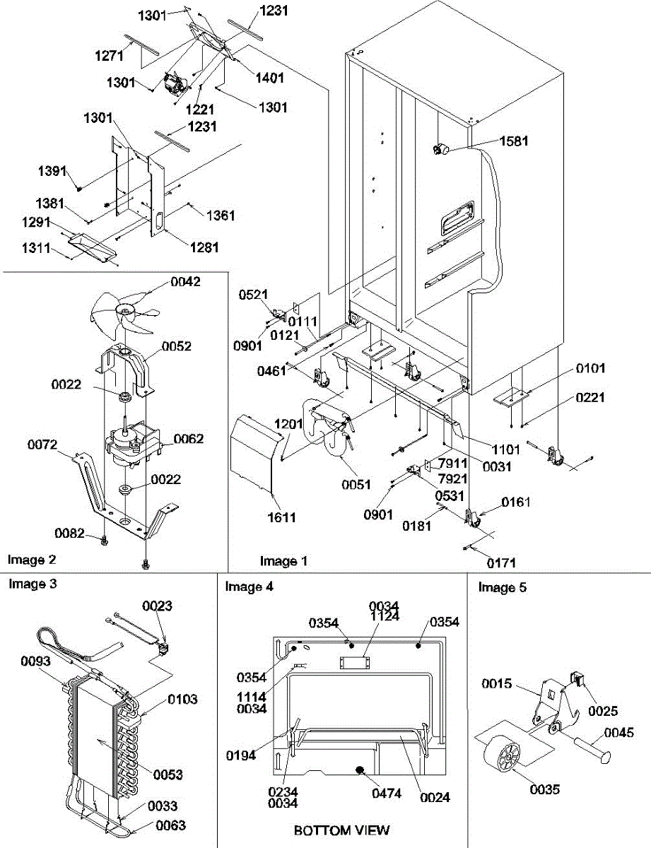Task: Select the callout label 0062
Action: pyautogui.click(x=189, y=440)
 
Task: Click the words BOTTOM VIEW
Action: pyautogui.click(x=341, y=830)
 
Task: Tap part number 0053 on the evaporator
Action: pyautogui.click(x=168, y=775)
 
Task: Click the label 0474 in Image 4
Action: pyautogui.click(x=386, y=794)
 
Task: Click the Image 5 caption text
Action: pyautogui.click(x=502, y=587)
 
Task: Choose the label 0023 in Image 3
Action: pyautogui.click(x=157, y=606)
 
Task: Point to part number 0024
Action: pyautogui.click(x=435, y=797)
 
